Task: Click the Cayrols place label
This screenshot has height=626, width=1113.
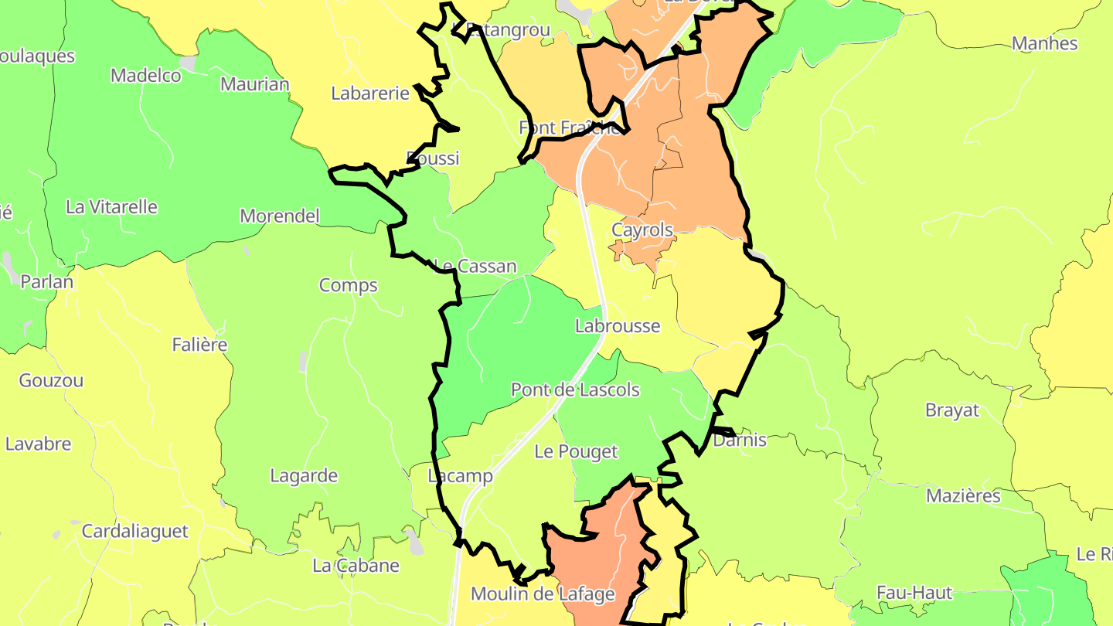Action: pyautogui.click(x=642, y=230)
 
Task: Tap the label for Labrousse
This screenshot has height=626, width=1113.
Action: pyautogui.click(x=618, y=326)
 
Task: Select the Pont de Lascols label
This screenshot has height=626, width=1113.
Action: pyautogui.click(x=575, y=390)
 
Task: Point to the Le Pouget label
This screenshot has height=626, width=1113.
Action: pyautogui.click(x=577, y=452)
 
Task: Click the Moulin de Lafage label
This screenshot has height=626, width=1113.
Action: pyautogui.click(x=543, y=594)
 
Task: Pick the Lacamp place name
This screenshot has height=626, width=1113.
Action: pyautogui.click(x=461, y=476)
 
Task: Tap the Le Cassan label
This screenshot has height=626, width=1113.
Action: pyautogui.click(x=475, y=267)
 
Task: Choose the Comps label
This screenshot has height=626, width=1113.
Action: pyautogui.click(x=349, y=285)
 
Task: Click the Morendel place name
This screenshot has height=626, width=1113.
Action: pyautogui.click(x=280, y=216)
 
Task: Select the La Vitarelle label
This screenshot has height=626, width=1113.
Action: pyautogui.click(x=111, y=207)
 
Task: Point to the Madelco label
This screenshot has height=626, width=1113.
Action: pyautogui.click(x=146, y=76)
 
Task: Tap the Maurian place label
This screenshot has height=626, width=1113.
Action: pyautogui.click(x=255, y=84)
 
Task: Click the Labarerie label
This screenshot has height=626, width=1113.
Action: pyautogui.click(x=370, y=94)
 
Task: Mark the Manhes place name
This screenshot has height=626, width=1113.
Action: pyautogui.click(x=1045, y=43)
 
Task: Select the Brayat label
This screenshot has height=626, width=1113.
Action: pyautogui.click(x=952, y=410)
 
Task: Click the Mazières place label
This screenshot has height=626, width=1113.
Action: pyautogui.click(x=963, y=495)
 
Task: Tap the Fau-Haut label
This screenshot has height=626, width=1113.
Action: pyautogui.click(x=914, y=593)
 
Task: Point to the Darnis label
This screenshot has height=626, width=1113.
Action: pyautogui.click(x=740, y=441)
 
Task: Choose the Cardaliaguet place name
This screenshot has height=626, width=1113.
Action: pyautogui.click(x=134, y=532)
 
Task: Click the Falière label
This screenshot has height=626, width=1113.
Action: pyautogui.click(x=199, y=345)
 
